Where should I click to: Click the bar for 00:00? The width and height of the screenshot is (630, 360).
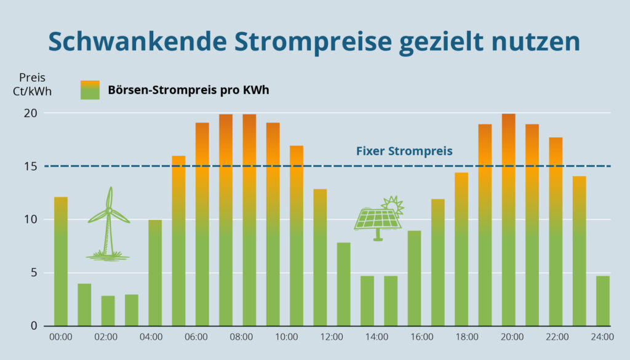(x=61, y=262)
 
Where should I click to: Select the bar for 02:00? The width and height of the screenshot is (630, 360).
(x=108, y=311)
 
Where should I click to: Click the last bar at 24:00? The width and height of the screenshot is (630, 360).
(x=603, y=301)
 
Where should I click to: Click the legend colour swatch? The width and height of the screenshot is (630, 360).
(x=90, y=90)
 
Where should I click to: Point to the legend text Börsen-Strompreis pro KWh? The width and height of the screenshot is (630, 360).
(x=188, y=90)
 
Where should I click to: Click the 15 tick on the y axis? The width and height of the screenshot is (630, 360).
(x=31, y=166)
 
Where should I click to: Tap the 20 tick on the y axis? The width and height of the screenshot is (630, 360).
(x=31, y=113)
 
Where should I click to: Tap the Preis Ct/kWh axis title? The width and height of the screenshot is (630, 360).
(x=32, y=85)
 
